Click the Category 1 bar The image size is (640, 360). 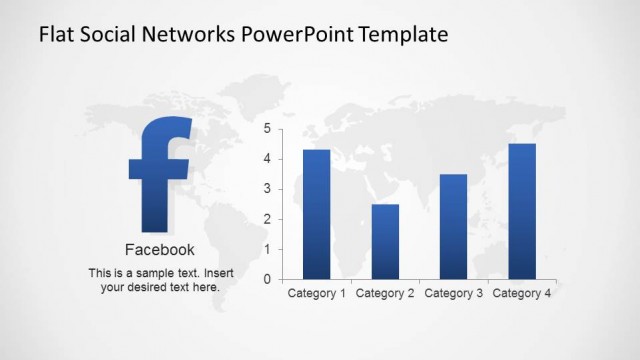(x=316, y=214)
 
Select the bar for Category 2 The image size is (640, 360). (x=385, y=241)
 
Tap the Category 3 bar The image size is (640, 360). (x=453, y=226)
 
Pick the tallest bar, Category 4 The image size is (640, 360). (x=522, y=211)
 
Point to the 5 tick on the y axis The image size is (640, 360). (x=267, y=129)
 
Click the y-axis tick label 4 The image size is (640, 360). (x=267, y=159)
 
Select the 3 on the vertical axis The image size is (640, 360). (x=267, y=189)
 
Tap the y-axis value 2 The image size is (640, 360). (x=267, y=219)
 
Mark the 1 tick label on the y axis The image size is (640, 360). (x=267, y=249)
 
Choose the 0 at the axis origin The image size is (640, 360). (x=267, y=279)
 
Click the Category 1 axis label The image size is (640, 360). (x=317, y=294)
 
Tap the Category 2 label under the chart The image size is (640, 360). (x=385, y=294)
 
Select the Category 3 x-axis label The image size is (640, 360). (x=454, y=294)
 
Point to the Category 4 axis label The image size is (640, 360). (x=522, y=294)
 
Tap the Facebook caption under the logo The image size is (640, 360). (x=160, y=250)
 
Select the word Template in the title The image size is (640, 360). (x=399, y=36)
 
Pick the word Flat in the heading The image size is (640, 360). (x=56, y=36)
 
